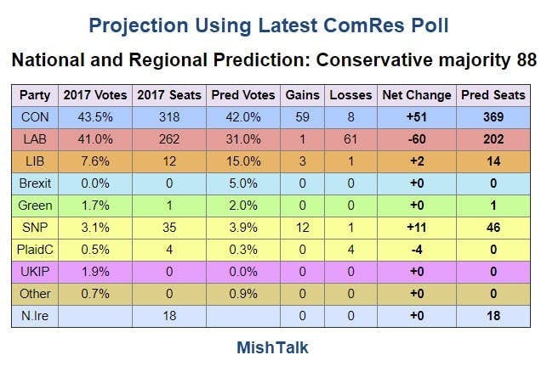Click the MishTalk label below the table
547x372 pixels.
[272, 347]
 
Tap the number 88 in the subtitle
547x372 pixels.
[526, 61]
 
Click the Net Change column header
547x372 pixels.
[417, 94]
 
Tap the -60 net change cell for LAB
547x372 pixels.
[417, 138]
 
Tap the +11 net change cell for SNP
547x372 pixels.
[417, 226]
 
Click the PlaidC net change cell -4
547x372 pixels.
[417, 248]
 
